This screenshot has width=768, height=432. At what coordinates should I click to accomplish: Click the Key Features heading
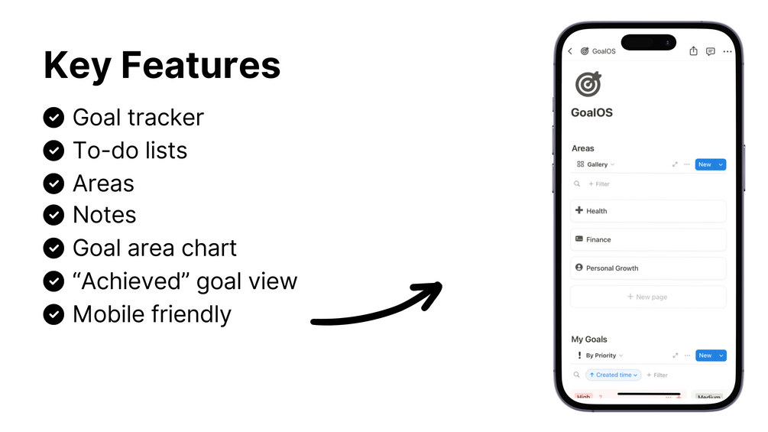(x=162, y=65)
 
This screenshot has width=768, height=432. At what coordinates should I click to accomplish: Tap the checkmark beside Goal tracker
(x=54, y=118)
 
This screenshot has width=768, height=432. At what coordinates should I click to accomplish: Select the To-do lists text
(x=130, y=151)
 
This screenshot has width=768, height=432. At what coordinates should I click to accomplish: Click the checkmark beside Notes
(x=54, y=215)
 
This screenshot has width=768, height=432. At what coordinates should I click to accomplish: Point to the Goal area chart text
(x=155, y=248)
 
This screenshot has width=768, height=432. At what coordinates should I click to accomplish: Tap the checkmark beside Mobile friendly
(x=54, y=314)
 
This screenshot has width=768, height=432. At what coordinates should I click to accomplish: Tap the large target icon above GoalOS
(x=588, y=84)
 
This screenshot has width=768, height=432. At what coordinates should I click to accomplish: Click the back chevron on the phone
(x=570, y=51)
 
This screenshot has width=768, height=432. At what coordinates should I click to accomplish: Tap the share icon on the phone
(x=694, y=51)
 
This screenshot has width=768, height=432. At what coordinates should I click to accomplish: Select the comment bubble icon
(x=711, y=51)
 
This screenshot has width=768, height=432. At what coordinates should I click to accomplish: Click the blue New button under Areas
(x=705, y=164)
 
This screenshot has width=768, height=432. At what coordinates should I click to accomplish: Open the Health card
(x=648, y=211)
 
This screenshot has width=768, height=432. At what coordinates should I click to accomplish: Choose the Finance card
(x=648, y=239)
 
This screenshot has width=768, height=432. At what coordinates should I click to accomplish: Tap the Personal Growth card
(x=648, y=268)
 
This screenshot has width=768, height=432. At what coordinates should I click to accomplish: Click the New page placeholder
(x=648, y=297)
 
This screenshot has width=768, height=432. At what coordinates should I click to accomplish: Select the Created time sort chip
(x=614, y=375)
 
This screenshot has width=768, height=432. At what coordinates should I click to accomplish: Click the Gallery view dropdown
(x=595, y=164)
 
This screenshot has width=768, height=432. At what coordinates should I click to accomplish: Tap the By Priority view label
(x=601, y=356)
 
